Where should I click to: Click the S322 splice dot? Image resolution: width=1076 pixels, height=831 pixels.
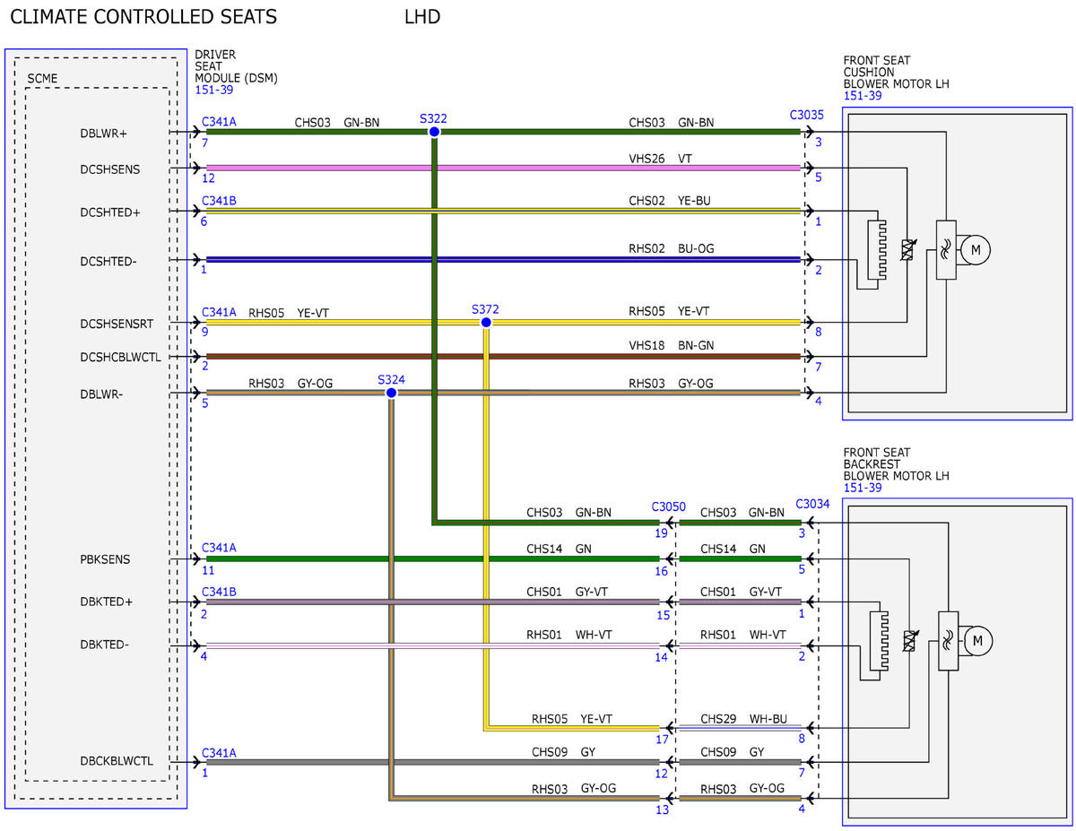[x=434, y=132]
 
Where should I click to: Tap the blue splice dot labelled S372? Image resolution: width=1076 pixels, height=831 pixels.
[x=486, y=322]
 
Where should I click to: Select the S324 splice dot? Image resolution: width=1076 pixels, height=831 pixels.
[x=391, y=393]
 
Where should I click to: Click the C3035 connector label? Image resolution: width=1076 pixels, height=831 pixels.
[x=806, y=115]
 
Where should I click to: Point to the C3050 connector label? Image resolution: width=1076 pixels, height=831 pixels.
[x=668, y=506]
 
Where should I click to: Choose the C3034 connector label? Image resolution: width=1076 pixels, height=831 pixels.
[x=812, y=504]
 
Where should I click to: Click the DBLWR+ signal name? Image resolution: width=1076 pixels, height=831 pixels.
[x=103, y=134]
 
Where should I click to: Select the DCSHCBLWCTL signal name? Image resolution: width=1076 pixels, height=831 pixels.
[x=120, y=357]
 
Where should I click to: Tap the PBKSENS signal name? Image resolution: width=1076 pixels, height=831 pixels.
[x=105, y=559]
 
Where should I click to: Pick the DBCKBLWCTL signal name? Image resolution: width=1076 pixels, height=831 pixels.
[x=117, y=761]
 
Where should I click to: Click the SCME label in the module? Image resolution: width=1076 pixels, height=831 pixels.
[x=42, y=78]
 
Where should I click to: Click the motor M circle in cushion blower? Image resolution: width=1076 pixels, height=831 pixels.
[x=975, y=250]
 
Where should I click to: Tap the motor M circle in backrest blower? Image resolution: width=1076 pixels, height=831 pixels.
[x=977, y=641]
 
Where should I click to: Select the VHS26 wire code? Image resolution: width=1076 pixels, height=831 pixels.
[x=646, y=159]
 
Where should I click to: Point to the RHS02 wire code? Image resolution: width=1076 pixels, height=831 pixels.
[x=646, y=248]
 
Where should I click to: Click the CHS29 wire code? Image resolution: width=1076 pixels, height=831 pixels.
[x=718, y=719]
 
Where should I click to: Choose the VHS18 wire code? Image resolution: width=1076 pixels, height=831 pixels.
[x=646, y=345]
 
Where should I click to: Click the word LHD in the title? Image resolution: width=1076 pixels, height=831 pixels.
[x=422, y=17]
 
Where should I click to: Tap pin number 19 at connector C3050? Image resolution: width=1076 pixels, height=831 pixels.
[x=661, y=533]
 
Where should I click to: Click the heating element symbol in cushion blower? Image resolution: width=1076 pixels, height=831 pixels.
[x=877, y=250]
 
